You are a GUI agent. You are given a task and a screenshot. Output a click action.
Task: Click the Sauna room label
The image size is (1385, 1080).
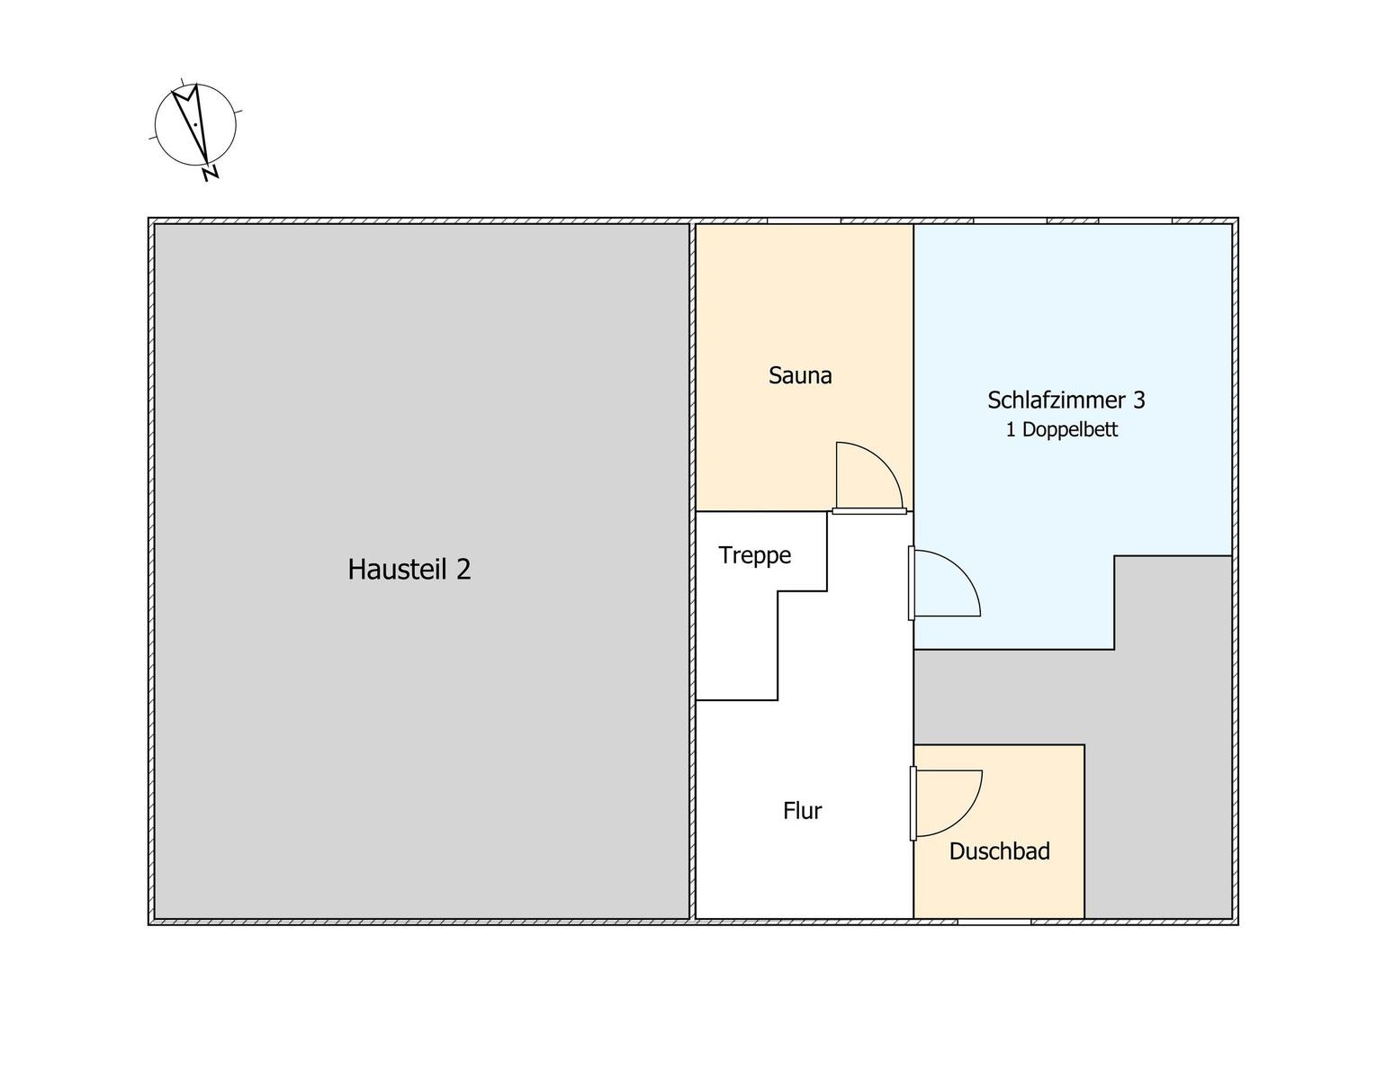coord(800,375)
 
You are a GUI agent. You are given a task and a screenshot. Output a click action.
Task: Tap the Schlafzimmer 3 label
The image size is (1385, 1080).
coord(1066,400)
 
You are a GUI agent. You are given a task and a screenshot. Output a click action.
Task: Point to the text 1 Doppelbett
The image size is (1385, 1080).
coord(1062,429)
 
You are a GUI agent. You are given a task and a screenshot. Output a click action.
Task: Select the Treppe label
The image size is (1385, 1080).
coord(755,555)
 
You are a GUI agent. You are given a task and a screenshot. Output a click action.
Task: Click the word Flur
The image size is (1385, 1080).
coord(803,811)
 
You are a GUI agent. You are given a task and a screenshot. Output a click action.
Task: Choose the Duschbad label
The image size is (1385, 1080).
coord(1000,851)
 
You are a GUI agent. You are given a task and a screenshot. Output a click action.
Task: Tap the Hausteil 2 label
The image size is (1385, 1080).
coord(409,569)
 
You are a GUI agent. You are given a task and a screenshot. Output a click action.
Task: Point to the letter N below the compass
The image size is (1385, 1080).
coord(211,174)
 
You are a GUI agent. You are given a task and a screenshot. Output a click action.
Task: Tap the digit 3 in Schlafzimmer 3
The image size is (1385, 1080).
coord(1138,400)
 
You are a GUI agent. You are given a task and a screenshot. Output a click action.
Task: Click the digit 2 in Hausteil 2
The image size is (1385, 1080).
coord(463,569)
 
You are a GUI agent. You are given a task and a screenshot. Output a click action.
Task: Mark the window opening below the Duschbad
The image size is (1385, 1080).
coord(994,922)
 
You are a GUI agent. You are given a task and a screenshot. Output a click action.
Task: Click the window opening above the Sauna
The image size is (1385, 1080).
coord(805,221)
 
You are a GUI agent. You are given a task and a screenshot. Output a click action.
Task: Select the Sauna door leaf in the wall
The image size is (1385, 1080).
coord(869,511)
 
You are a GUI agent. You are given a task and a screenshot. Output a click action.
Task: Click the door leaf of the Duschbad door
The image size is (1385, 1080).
coord(913,804)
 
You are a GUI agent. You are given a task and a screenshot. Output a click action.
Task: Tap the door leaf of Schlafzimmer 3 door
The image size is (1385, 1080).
coord(912,583)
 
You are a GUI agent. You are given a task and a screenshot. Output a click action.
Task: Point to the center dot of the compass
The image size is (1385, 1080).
coord(195,125)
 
